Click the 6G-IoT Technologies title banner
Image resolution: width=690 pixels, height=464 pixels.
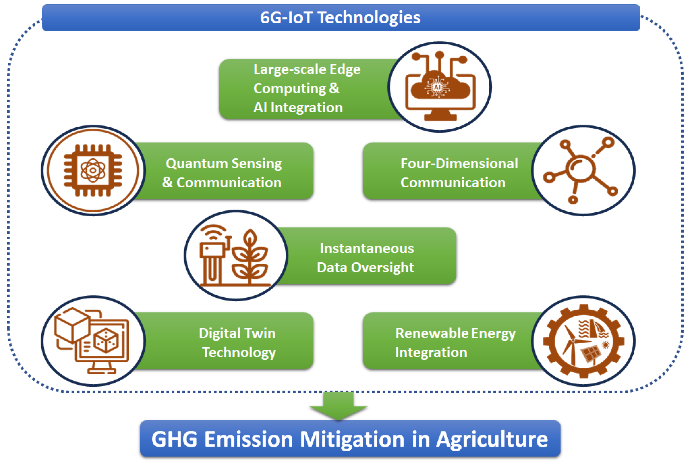click(341, 17)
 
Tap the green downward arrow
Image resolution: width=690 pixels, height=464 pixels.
click(338, 405)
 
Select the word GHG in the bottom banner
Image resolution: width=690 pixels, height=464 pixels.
click(174, 439)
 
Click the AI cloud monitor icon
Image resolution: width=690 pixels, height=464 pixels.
click(440, 86)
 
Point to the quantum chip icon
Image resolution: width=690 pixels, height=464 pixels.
click(93, 170)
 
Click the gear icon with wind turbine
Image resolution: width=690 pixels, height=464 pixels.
click(584, 341)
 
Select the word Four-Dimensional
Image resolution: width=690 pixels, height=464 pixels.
click(459, 163)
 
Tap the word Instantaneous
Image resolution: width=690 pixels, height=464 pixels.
click(367, 249)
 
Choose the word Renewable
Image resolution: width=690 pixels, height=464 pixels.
click(432, 334)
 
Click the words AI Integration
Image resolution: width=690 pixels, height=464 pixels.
click(298, 107)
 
